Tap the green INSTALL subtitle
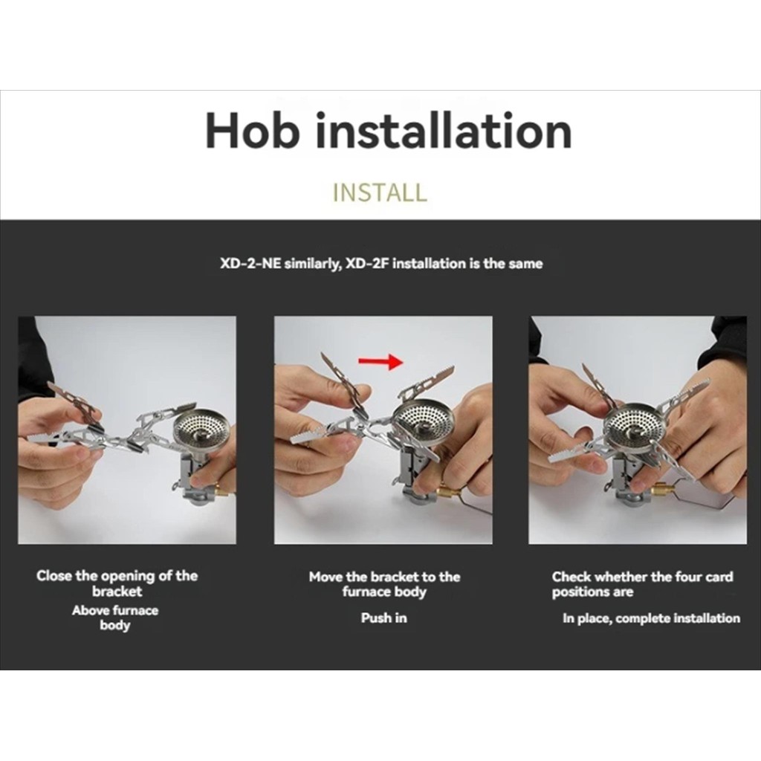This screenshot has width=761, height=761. [x=380, y=192]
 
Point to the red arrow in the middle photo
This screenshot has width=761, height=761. [x=380, y=361]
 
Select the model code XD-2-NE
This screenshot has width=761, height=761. [x=250, y=264]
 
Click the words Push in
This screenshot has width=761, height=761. [x=384, y=618]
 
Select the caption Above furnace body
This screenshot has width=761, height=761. [x=115, y=618]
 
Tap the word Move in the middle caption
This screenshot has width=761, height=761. [x=326, y=577]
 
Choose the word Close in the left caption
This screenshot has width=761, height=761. [x=54, y=576]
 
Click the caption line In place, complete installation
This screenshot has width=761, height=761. [x=651, y=618]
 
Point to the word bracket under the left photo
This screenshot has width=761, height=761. [x=117, y=591]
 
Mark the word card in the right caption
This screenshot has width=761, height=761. [x=719, y=577]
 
